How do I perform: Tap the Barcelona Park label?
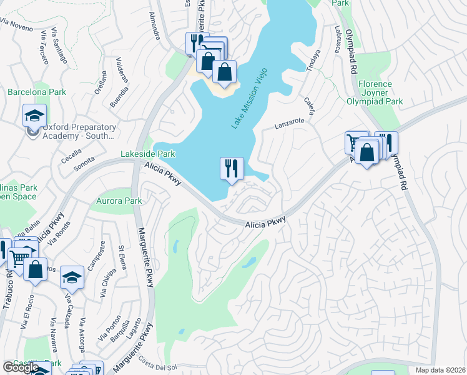pos(37,92)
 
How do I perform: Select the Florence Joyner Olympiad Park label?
pos(375,92)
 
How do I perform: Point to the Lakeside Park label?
pos(148,154)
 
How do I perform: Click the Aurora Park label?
pos(119,201)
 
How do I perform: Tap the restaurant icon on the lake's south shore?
pos(231,168)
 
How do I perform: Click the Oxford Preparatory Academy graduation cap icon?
pos(34,116)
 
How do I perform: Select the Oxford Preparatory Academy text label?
pos(79,131)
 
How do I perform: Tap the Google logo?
pos(20,367)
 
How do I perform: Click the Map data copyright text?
pos(440,370)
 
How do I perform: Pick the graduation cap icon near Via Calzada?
pos(72,276)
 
